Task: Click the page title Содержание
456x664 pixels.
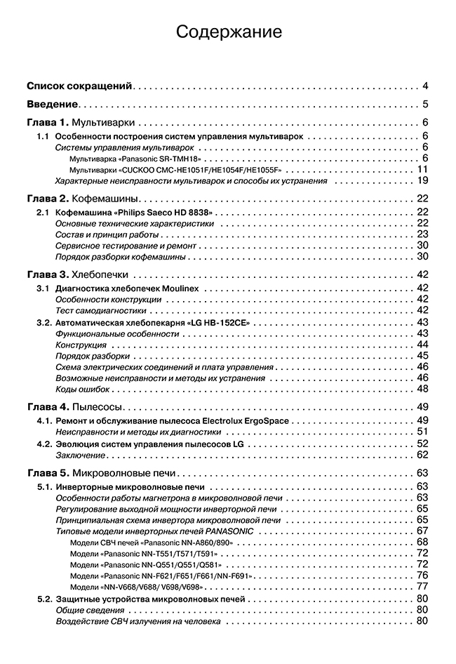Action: pyautogui.click(x=228, y=32)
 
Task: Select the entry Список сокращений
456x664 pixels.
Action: pyautogui.click(x=79, y=86)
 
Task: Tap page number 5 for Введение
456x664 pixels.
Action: pyautogui.click(x=425, y=105)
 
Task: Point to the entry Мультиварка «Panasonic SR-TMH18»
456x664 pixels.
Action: pyautogui.click(x=131, y=159)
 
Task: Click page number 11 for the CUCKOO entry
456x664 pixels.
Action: pyautogui.click(x=422, y=169)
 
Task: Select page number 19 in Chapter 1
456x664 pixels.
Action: pyautogui.click(x=422, y=180)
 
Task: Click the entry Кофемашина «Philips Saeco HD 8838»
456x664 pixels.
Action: pyautogui.click(x=135, y=212)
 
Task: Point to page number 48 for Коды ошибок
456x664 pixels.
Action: pyautogui.click(x=422, y=389)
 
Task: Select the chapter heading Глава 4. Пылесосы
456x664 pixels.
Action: pyautogui.click(x=75, y=407)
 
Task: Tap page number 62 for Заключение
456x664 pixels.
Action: pyautogui.click(x=422, y=455)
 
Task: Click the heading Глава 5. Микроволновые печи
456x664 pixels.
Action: pyautogui.click(x=105, y=473)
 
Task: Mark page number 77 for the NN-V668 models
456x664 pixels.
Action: pyautogui.click(x=422, y=586)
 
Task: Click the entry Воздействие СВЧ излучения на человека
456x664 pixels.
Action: pyautogui.click(x=138, y=621)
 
